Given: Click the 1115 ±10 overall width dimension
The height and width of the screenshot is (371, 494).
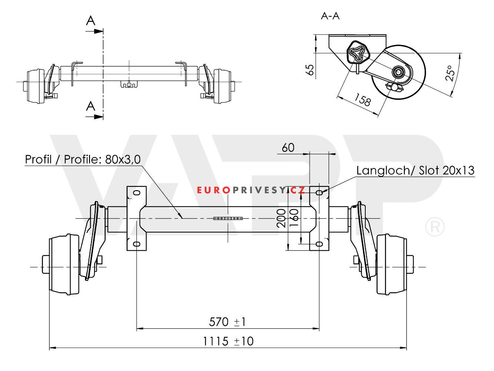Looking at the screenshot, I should coord(228,341).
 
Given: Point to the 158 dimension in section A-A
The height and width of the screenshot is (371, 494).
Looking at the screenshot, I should coord(362,100).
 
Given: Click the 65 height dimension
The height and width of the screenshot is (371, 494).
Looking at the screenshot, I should coord(311,69).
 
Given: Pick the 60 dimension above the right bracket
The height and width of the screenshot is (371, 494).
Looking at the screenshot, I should coord(288,148).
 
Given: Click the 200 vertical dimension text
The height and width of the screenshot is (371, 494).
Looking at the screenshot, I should coord(281,217).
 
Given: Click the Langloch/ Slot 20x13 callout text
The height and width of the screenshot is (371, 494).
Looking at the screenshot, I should coord(415,170).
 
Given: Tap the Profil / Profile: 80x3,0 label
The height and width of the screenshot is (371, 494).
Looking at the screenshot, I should coord(83,159).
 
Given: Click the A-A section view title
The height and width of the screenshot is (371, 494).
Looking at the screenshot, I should coord(330,16).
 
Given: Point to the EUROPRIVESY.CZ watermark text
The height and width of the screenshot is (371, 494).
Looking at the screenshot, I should coord(251,191).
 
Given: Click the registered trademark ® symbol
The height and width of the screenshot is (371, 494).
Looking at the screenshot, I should coord(435,228).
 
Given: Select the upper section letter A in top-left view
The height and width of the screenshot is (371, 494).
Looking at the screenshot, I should coord(90,21).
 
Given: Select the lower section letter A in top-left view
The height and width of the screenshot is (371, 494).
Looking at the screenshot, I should coord(90,106).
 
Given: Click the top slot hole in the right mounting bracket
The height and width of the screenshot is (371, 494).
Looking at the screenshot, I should coord(319,192).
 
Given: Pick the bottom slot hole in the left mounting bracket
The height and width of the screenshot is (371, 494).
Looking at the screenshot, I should coord(137,244).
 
